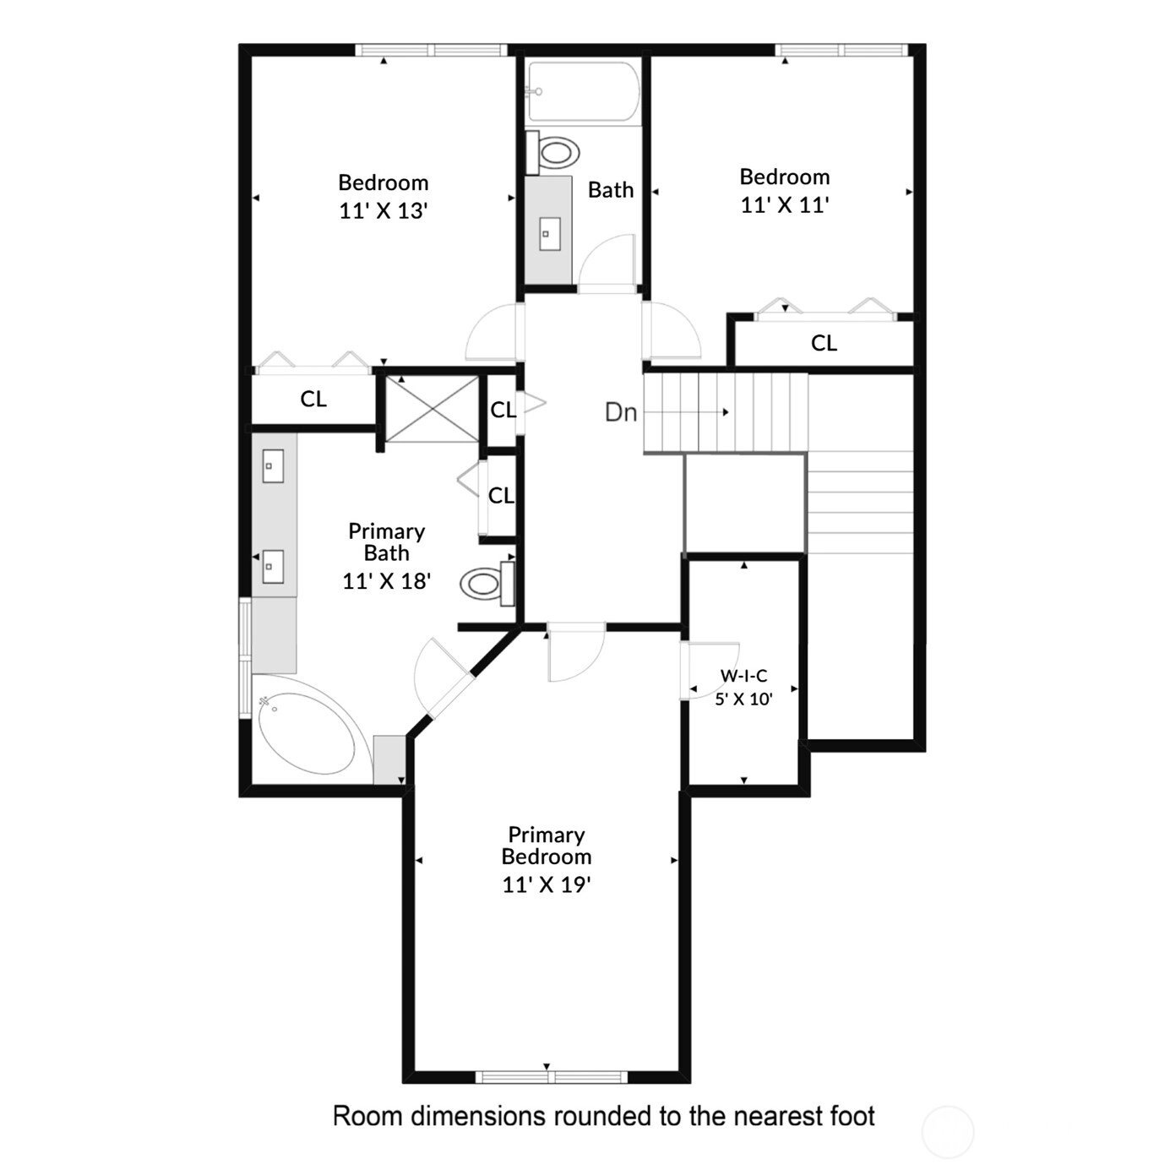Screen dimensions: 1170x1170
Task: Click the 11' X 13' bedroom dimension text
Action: click(384, 210)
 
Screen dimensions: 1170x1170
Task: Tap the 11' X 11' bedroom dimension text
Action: click(785, 204)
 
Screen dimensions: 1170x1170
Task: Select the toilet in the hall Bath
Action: click(552, 152)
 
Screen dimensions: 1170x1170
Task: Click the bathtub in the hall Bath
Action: click(584, 92)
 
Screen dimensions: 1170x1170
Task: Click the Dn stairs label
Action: click(621, 413)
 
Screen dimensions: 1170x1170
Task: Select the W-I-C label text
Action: click(743, 675)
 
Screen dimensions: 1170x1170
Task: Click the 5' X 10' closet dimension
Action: click(743, 699)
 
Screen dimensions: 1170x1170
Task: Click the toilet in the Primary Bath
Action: click(487, 584)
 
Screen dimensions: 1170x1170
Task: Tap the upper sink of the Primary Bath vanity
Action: click(273, 465)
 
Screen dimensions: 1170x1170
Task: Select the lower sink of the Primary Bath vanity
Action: click(273, 566)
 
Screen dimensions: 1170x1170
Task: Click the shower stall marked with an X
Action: click(433, 409)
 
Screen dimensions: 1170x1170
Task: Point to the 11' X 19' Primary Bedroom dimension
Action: click(547, 884)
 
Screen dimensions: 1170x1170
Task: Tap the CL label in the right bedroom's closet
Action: click(824, 343)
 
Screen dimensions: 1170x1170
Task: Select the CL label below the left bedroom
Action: click(313, 399)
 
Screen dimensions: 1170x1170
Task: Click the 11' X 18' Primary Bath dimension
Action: click(387, 581)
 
